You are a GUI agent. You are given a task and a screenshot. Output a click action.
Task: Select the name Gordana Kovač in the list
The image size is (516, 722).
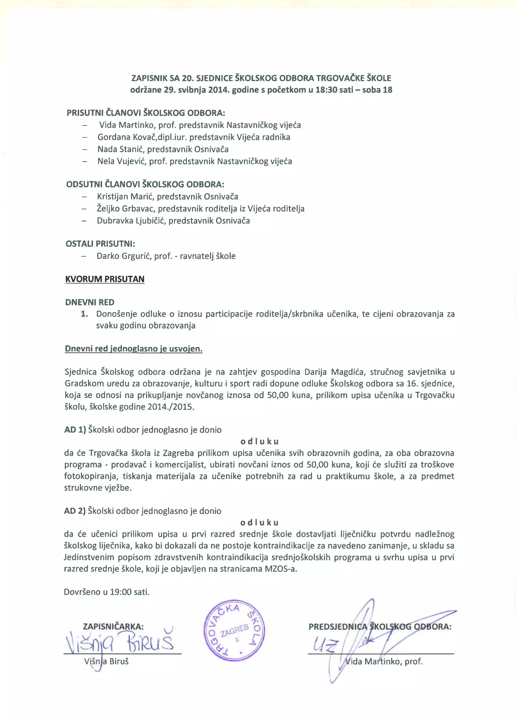pyautogui.click(x=125, y=137)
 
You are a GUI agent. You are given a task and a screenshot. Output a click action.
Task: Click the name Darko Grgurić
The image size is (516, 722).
pyautogui.click(x=123, y=256)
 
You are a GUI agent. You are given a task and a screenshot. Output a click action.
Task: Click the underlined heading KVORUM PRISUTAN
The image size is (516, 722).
pyautogui.click(x=105, y=279)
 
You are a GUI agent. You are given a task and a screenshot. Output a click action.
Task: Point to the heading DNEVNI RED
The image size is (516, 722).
pyautogui.click(x=90, y=302)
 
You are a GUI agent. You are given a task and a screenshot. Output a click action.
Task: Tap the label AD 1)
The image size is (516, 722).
pyautogui.click(x=75, y=430)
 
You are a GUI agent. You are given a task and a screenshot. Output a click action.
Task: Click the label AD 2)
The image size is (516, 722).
pyautogui.click(x=75, y=511)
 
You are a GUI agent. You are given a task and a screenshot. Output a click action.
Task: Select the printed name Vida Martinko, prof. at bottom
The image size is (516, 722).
pyautogui.click(x=384, y=662)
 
